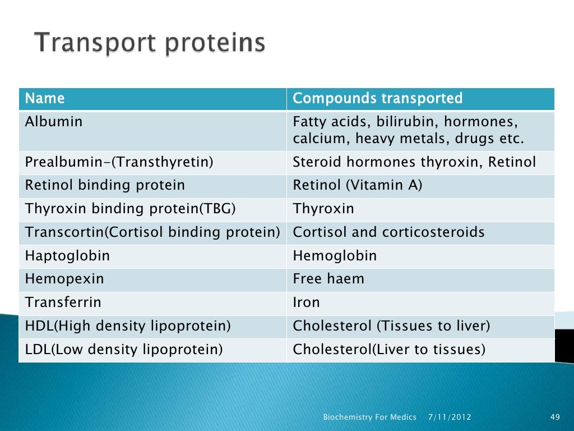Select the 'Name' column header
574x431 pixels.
tap(45, 99)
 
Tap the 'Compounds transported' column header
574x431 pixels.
tap(377, 99)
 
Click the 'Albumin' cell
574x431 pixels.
tap(54, 122)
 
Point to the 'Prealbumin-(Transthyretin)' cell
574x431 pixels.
tap(119, 163)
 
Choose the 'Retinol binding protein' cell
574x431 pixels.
tap(105, 185)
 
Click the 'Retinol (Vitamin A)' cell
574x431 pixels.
tap(357, 185)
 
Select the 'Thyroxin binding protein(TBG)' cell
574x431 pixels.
tap(130, 209)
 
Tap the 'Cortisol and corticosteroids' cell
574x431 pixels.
tap(388, 232)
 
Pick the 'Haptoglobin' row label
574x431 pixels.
tap(67, 256)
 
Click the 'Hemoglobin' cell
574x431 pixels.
tap(335, 256)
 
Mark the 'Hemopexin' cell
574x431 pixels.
tap(64, 279)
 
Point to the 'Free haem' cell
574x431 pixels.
tap(328, 279)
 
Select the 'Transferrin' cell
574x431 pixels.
tap(63, 302)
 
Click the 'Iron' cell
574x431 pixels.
tap(307, 302)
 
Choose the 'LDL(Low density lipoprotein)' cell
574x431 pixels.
tap(124, 350)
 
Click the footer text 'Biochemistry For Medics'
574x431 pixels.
tap(370, 417)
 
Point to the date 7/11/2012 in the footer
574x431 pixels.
tap(450, 417)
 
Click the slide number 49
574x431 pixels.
tap(556, 417)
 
